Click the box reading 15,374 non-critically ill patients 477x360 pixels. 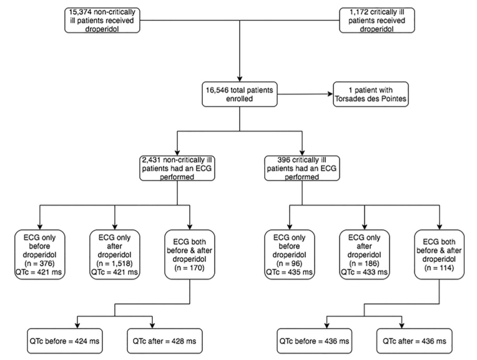[103, 19]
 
